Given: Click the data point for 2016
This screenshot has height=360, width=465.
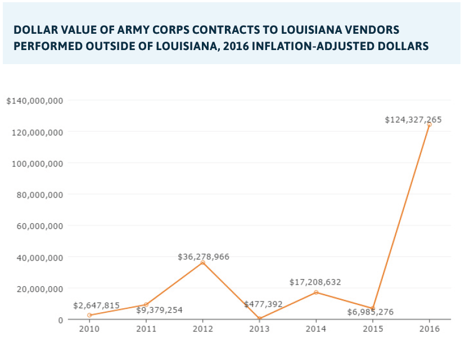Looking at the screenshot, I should coord(429,125).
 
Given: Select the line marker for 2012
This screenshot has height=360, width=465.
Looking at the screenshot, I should coord(202,263).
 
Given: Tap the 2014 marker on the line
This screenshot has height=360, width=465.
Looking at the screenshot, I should coord(316,292).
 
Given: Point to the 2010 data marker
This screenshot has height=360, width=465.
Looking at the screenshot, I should coord(89,315).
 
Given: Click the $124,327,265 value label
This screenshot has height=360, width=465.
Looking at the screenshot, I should coord(413,120).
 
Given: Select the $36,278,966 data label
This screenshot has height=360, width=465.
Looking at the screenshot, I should coord(204,257).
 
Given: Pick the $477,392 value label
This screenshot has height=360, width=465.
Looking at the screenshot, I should coord(263,304).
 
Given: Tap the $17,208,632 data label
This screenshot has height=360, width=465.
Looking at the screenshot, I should coord(315,282).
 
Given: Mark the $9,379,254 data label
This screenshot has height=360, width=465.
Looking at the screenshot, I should coord(159,310).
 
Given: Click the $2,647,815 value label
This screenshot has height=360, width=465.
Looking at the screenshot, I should coord(96,305).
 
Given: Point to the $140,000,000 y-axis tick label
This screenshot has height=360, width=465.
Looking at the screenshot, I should coord(35,101).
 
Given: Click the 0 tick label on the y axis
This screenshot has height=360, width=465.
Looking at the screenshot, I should coord(60,319).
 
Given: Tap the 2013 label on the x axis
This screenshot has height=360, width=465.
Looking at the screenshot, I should coord(259,329).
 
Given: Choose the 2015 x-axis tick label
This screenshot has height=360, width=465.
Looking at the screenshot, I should coord(372,329).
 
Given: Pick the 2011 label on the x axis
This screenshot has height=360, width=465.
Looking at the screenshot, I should coord(146,329).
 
